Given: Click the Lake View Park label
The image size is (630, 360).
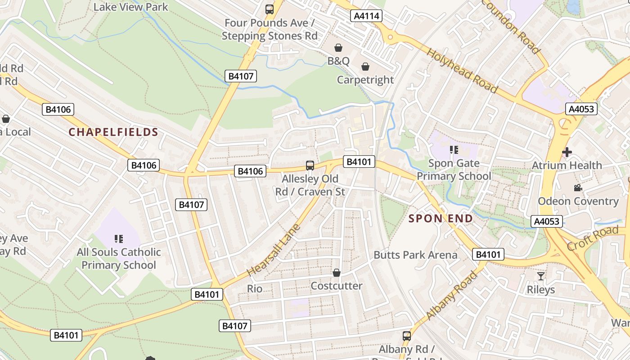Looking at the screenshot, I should click(x=130, y=7).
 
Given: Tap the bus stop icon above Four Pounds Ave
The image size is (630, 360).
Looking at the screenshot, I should click(x=270, y=9).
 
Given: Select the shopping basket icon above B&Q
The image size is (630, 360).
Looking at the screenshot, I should click(x=338, y=48).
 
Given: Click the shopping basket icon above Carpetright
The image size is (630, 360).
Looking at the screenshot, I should click(x=365, y=67).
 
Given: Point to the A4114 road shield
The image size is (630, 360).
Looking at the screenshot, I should click(x=366, y=16).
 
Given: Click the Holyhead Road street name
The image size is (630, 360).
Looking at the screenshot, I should click(x=462, y=70).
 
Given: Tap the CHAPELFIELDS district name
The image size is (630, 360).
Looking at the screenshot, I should click(x=113, y=132).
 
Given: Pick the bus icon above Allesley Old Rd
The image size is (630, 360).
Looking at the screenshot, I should click(x=310, y=165).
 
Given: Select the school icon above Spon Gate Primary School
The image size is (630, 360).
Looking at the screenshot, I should click(x=454, y=150).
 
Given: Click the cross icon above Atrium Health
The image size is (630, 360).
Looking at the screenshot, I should click(x=567, y=152).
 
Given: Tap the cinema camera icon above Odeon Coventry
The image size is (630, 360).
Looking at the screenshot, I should click(x=578, y=188).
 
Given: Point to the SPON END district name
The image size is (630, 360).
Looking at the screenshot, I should click(x=441, y=219).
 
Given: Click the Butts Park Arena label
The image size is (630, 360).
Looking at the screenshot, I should click(x=415, y=255).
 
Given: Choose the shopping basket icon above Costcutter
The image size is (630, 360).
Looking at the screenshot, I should click(x=336, y=273).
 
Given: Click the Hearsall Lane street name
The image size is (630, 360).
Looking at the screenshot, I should click(x=274, y=250).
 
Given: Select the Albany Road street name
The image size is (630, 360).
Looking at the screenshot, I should click(x=451, y=296).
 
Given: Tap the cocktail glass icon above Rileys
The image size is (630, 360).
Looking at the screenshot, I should click(x=541, y=276).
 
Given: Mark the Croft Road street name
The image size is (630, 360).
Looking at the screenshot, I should click(x=593, y=239).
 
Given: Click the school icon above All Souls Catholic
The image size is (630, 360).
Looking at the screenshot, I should click(x=119, y=238).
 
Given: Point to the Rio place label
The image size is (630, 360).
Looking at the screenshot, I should click(x=255, y=288).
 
